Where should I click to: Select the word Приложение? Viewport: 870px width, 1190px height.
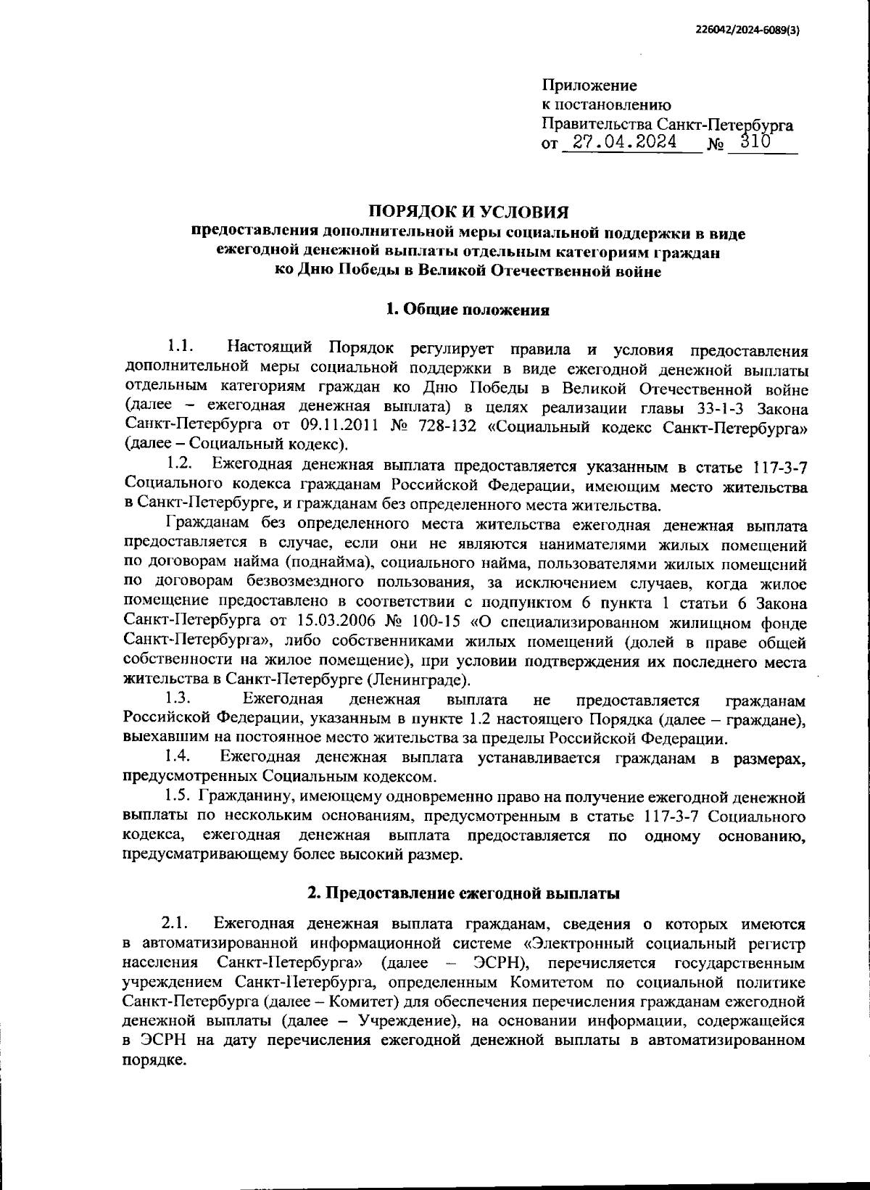coord(589,86)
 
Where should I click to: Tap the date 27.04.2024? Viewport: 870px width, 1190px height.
coord(624,142)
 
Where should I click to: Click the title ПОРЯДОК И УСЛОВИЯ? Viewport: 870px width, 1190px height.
coord(468,212)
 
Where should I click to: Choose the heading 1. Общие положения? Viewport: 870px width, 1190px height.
coord(468,310)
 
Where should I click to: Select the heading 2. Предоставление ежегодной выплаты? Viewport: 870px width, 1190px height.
coord(463,893)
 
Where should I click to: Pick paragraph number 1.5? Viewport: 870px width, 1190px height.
coord(178,797)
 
